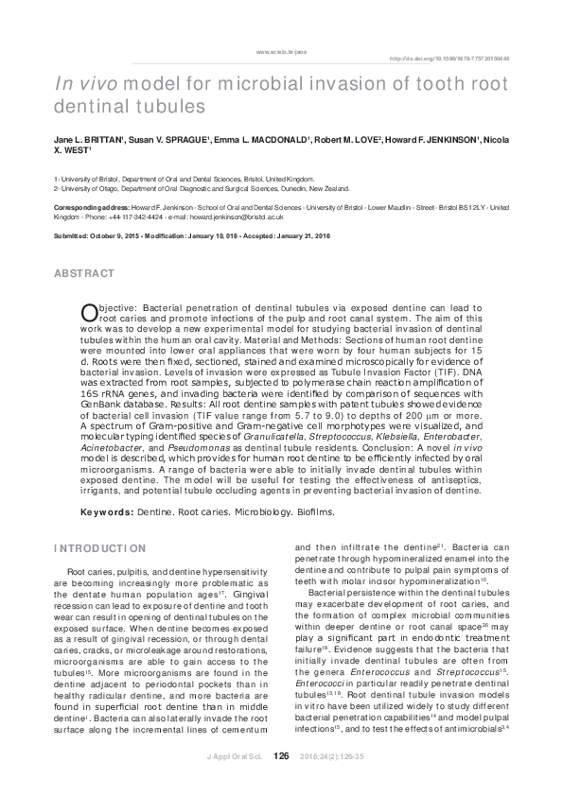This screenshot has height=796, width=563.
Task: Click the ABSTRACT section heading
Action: (85, 273)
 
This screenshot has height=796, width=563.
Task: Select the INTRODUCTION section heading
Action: (99, 548)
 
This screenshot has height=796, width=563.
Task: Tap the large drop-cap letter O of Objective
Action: (90, 313)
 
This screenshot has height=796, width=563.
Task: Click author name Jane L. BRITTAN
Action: (87, 139)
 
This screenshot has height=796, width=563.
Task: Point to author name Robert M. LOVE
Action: (346, 139)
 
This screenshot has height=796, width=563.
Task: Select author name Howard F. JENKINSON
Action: (431, 139)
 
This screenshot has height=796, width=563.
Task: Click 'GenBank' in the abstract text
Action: (104, 402)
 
